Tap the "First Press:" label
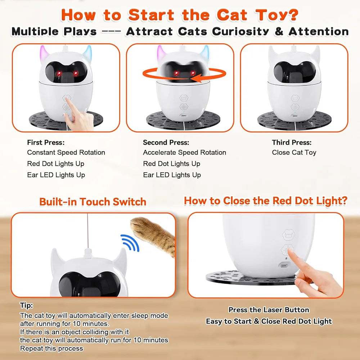pos(46,143)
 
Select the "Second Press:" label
pos(166,143)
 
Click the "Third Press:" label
pos(292,143)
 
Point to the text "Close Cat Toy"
pos(294,152)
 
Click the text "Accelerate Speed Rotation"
pos(185,152)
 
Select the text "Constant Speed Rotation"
pos(66,152)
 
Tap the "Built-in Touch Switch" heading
pos(93,202)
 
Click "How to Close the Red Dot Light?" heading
pos(265,201)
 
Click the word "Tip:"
pos(26,306)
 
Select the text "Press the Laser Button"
pos(269,310)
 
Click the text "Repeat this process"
pos(51,348)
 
